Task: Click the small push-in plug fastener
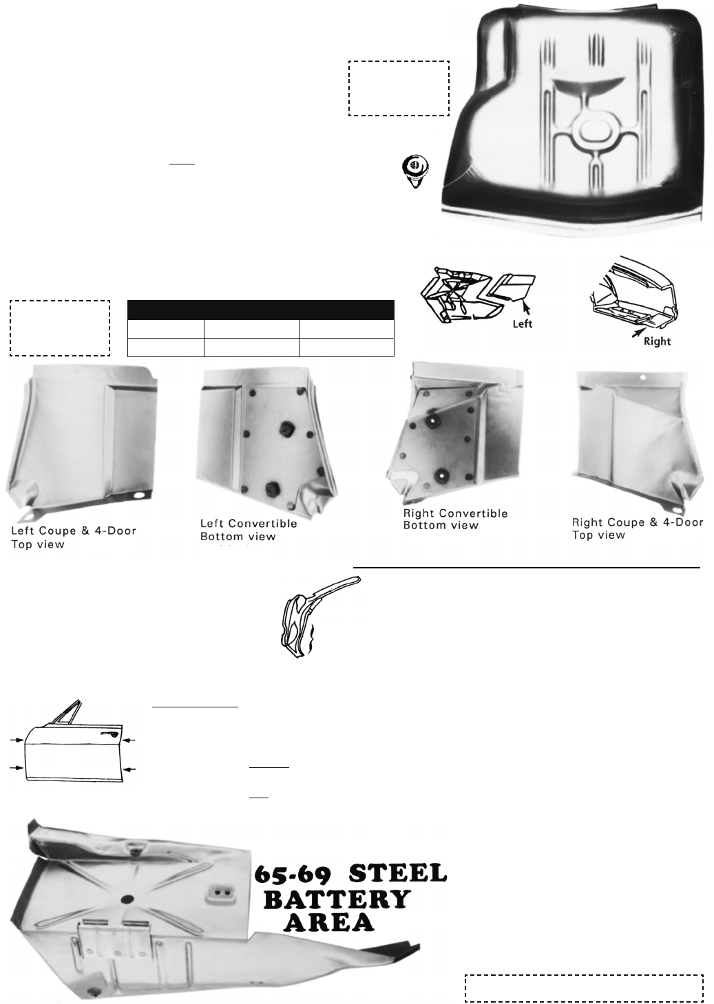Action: point(415,171)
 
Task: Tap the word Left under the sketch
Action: point(523,323)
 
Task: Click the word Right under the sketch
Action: point(657,341)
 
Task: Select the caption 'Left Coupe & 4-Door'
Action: point(74,531)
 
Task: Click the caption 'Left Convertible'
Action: point(249,524)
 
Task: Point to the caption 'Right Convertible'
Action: point(455,513)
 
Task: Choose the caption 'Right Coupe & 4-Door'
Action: point(638,522)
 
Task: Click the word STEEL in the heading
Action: point(398,873)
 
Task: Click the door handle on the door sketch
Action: point(109,734)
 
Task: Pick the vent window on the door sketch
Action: point(67,714)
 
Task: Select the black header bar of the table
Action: point(260,310)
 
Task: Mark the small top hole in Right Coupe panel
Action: point(642,377)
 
